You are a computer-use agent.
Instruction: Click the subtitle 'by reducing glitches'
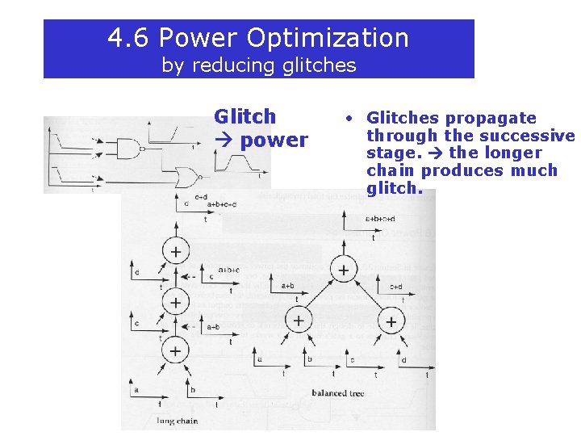pyautogui.click(x=258, y=65)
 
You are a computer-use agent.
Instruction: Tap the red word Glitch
pyautogui.click(x=245, y=117)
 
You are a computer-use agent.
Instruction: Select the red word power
pyautogui.click(x=274, y=140)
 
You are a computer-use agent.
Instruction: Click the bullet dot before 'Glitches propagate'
pyautogui.click(x=345, y=119)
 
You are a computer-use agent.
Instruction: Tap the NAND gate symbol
pyautogui.click(x=129, y=148)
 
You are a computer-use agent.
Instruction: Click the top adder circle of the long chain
pyautogui.click(x=175, y=253)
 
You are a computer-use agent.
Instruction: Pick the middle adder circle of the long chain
pyautogui.click(x=175, y=303)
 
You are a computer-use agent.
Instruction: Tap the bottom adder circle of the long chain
pyautogui.click(x=175, y=350)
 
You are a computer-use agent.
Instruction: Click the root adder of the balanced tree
pyautogui.click(x=344, y=270)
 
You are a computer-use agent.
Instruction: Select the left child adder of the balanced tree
pyautogui.click(x=299, y=321)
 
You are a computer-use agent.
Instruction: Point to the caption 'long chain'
pyautogui.click(x=177, y=421)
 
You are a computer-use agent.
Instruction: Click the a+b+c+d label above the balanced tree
pyautogui.click(x=380, y=219)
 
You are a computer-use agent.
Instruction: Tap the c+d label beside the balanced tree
pyautogui.click(x=396, y=286)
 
